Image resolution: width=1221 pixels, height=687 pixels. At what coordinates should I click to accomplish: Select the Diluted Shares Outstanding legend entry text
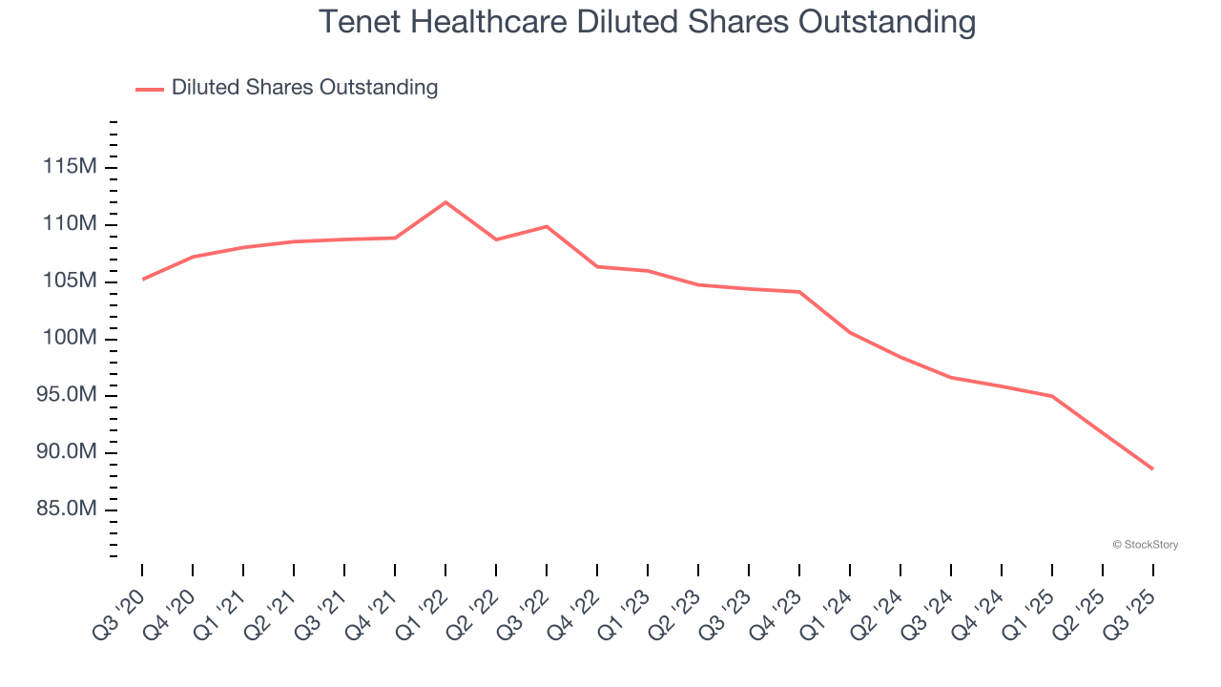[304, 88]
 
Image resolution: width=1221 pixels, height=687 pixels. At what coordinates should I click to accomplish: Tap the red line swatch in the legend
[150, 89]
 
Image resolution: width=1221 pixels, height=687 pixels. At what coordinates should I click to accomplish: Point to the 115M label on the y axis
[71, 168]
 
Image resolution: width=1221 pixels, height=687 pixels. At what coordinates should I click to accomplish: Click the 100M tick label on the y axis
[71, 339]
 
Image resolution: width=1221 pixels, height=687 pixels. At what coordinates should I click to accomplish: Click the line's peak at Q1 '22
[445, 202]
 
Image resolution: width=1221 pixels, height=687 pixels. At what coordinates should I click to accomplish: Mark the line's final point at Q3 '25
[1152, 468]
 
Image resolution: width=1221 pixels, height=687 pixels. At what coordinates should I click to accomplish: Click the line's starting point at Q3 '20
[142, 280]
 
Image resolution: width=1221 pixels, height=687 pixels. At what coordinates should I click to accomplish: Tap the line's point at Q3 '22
[547, 226]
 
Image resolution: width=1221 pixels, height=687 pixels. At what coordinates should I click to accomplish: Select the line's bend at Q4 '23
[799, 292]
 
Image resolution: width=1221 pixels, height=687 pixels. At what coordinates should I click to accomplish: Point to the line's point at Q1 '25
[1052, 396]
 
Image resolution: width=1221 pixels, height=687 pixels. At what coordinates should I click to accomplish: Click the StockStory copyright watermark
[1145, 545]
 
